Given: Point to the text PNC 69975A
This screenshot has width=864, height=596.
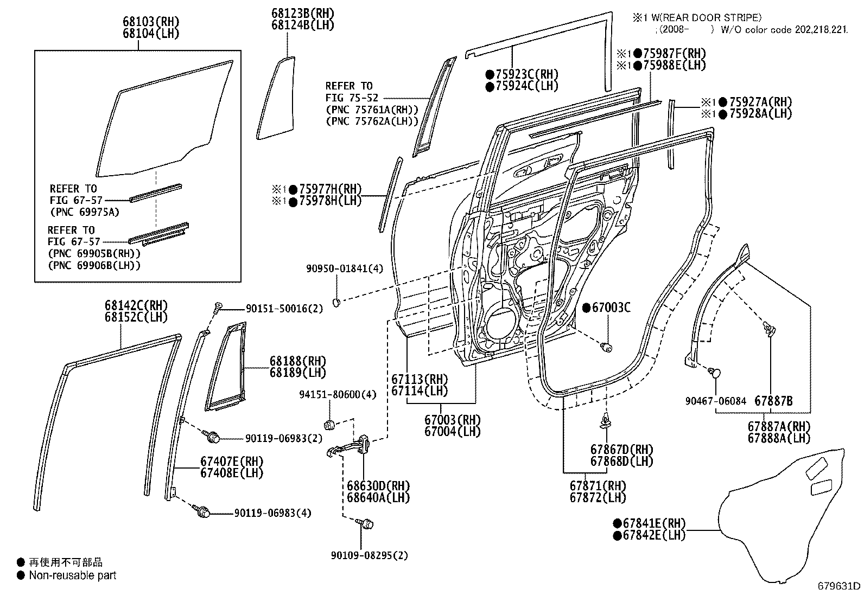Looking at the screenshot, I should [x=84, y=212].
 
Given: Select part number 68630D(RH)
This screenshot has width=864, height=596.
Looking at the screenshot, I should [x=378, y=486].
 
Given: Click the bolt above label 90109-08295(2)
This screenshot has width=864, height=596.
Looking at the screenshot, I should [x=366, y=524].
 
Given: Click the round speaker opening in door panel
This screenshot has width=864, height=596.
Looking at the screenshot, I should [x=502, y=325].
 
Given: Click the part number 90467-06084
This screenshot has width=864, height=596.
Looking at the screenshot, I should [x=715, y=401].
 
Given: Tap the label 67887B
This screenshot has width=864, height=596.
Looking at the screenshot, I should [x=773, y=401].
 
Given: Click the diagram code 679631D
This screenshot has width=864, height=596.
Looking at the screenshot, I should [x=839, y=586].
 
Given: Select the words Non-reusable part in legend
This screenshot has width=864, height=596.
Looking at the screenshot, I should [x=72, y=575].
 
